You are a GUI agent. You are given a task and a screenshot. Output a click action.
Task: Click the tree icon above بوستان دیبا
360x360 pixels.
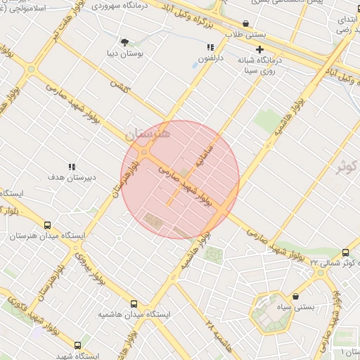pos(125,42)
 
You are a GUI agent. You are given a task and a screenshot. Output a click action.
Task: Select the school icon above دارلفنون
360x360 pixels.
pos(210,48)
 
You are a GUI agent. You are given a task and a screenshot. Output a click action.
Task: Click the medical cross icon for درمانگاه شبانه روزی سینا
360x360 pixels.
pos(260,49)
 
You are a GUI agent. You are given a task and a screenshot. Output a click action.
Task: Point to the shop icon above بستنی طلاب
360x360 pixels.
pos(245,23)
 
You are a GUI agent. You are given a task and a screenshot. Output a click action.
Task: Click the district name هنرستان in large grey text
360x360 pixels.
pos(147,132)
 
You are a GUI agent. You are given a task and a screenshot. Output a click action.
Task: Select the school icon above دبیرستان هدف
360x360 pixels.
pos(71,167)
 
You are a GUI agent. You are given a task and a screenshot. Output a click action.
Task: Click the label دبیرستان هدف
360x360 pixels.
pos(71,179)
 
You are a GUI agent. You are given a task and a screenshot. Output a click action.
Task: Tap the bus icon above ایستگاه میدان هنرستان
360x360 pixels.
pos(47,226)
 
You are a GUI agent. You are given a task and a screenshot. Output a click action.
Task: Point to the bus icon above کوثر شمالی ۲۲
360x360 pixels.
pos(345,252)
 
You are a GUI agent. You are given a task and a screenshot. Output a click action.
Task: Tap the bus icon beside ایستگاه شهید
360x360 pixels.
pos(77,346)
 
